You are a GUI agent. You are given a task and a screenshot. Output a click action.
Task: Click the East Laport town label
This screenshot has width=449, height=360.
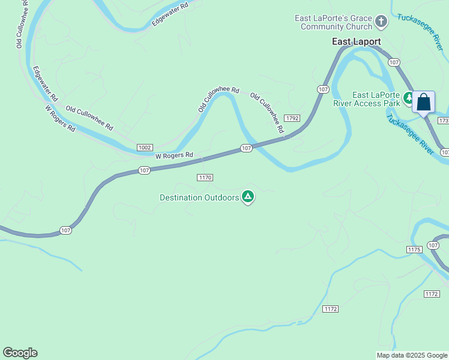point(357,42)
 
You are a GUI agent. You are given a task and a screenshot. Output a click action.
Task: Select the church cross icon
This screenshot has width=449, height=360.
point(381,23)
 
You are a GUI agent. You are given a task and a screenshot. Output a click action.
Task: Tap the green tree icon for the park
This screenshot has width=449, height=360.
point(409,97)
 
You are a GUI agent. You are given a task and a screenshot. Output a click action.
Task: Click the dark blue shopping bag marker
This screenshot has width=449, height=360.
point(423,102)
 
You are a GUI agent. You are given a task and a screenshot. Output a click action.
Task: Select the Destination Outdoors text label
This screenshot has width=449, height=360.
point(199,197)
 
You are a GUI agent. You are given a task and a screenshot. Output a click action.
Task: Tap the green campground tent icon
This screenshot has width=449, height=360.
point(247,197)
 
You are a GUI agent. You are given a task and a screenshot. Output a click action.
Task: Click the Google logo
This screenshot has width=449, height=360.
point(20,353)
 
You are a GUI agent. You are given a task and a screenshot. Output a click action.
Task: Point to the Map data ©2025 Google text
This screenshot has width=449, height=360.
point(411,355)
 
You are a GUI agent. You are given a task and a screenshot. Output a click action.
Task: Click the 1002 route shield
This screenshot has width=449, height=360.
point(145,147)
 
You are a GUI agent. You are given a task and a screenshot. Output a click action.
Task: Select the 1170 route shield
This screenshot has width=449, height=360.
point(205,178)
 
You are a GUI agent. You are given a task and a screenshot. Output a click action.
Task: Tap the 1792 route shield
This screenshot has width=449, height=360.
point(292,118)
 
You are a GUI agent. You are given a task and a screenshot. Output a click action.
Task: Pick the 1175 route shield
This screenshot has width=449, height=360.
point(414,249)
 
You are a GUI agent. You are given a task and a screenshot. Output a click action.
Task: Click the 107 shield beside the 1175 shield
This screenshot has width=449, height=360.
point(433,245)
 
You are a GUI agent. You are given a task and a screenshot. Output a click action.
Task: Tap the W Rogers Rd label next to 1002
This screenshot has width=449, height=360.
point(174,155)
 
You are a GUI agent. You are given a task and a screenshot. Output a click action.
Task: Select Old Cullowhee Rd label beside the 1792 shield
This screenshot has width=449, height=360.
point(267,113)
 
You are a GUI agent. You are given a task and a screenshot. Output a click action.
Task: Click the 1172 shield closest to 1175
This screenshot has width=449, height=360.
point(431,293)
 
